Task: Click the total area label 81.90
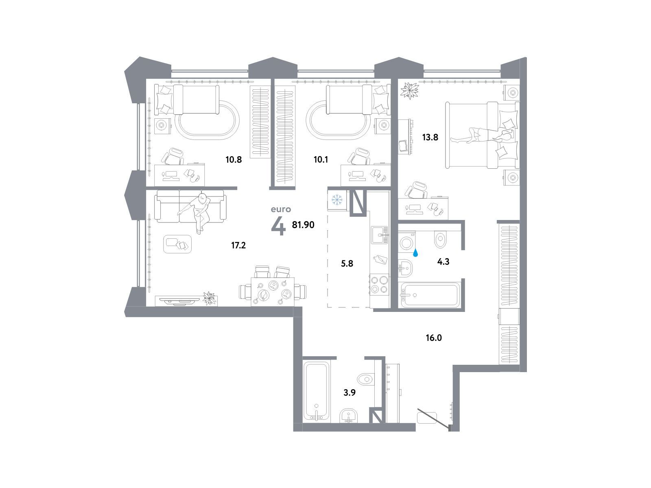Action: pyautogui.click(x=303, y=225)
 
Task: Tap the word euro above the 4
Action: pyautogui.click(x=281, y=209)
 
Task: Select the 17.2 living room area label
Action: pyautogui.click(x=238, y=245)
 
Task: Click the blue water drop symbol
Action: pyautogui.click(x=416, y=253)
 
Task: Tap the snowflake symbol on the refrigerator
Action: pyautogui.click(x=337, y=200)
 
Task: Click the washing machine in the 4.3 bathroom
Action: pyautogui.click(x=406, y=242)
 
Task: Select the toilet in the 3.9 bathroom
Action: pyautogui.click(x=366, y=379)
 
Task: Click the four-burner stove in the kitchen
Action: pyautogui.click(x=379, y=284)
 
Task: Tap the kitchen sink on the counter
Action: pyautogui.click(x=379, y=235)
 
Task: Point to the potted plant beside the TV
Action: pyautogui.click(x=209, y=298)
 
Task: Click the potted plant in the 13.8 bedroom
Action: pyautogui.click(x=409, y=90)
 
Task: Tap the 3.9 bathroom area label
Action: pyautogui.click(x=350, y=392)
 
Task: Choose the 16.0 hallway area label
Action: pyautogui.click(x=434, y=338)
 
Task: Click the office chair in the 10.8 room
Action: pyautogui.click(x=173, y=156)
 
